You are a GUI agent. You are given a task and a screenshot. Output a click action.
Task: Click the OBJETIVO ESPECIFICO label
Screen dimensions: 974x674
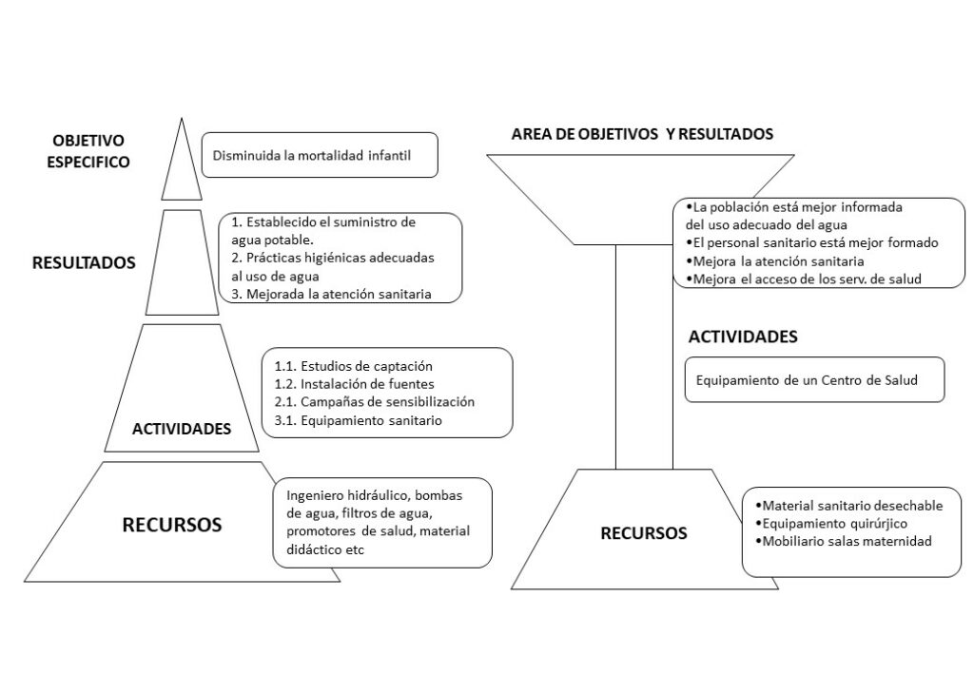click(88, 151)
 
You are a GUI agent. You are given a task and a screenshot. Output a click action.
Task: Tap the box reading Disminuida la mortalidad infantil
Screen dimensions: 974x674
click(320, 155)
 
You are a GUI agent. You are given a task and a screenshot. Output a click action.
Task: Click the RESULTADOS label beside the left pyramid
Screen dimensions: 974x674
click(84, 262)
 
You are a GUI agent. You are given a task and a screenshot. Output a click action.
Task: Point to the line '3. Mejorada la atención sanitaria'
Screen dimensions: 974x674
click(331, 294)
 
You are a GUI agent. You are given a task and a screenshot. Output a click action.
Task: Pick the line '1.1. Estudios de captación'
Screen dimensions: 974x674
click(354, 366)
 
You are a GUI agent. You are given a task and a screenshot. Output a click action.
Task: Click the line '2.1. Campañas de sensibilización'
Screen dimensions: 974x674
click(375, 401)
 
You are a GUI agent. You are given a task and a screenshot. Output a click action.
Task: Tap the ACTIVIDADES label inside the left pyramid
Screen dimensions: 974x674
click(182, 428)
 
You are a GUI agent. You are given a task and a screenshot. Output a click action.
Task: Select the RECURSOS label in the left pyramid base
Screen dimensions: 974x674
click(172, 525)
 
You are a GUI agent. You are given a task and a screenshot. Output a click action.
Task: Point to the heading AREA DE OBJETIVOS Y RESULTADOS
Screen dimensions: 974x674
click(642, 133)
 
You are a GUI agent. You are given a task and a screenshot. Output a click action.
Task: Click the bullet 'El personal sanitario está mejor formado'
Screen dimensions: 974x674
click(812, 242)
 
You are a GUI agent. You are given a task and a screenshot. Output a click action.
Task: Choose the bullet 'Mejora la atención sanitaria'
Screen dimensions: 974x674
click(774, 261)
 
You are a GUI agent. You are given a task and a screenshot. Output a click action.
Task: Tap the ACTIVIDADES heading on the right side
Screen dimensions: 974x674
click(743, 337)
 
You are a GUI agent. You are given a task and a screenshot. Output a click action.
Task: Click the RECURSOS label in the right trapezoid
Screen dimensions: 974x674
click(644, 533)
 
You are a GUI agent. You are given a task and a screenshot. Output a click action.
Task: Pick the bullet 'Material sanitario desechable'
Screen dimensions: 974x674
click(849, 506)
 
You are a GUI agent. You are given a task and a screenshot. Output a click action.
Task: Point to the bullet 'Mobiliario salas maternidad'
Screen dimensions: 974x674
click(844, 541)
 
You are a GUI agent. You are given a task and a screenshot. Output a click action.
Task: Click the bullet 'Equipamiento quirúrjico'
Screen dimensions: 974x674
click(831, 524)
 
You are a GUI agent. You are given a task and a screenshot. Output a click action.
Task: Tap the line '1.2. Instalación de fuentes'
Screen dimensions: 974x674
click(354, 383)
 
